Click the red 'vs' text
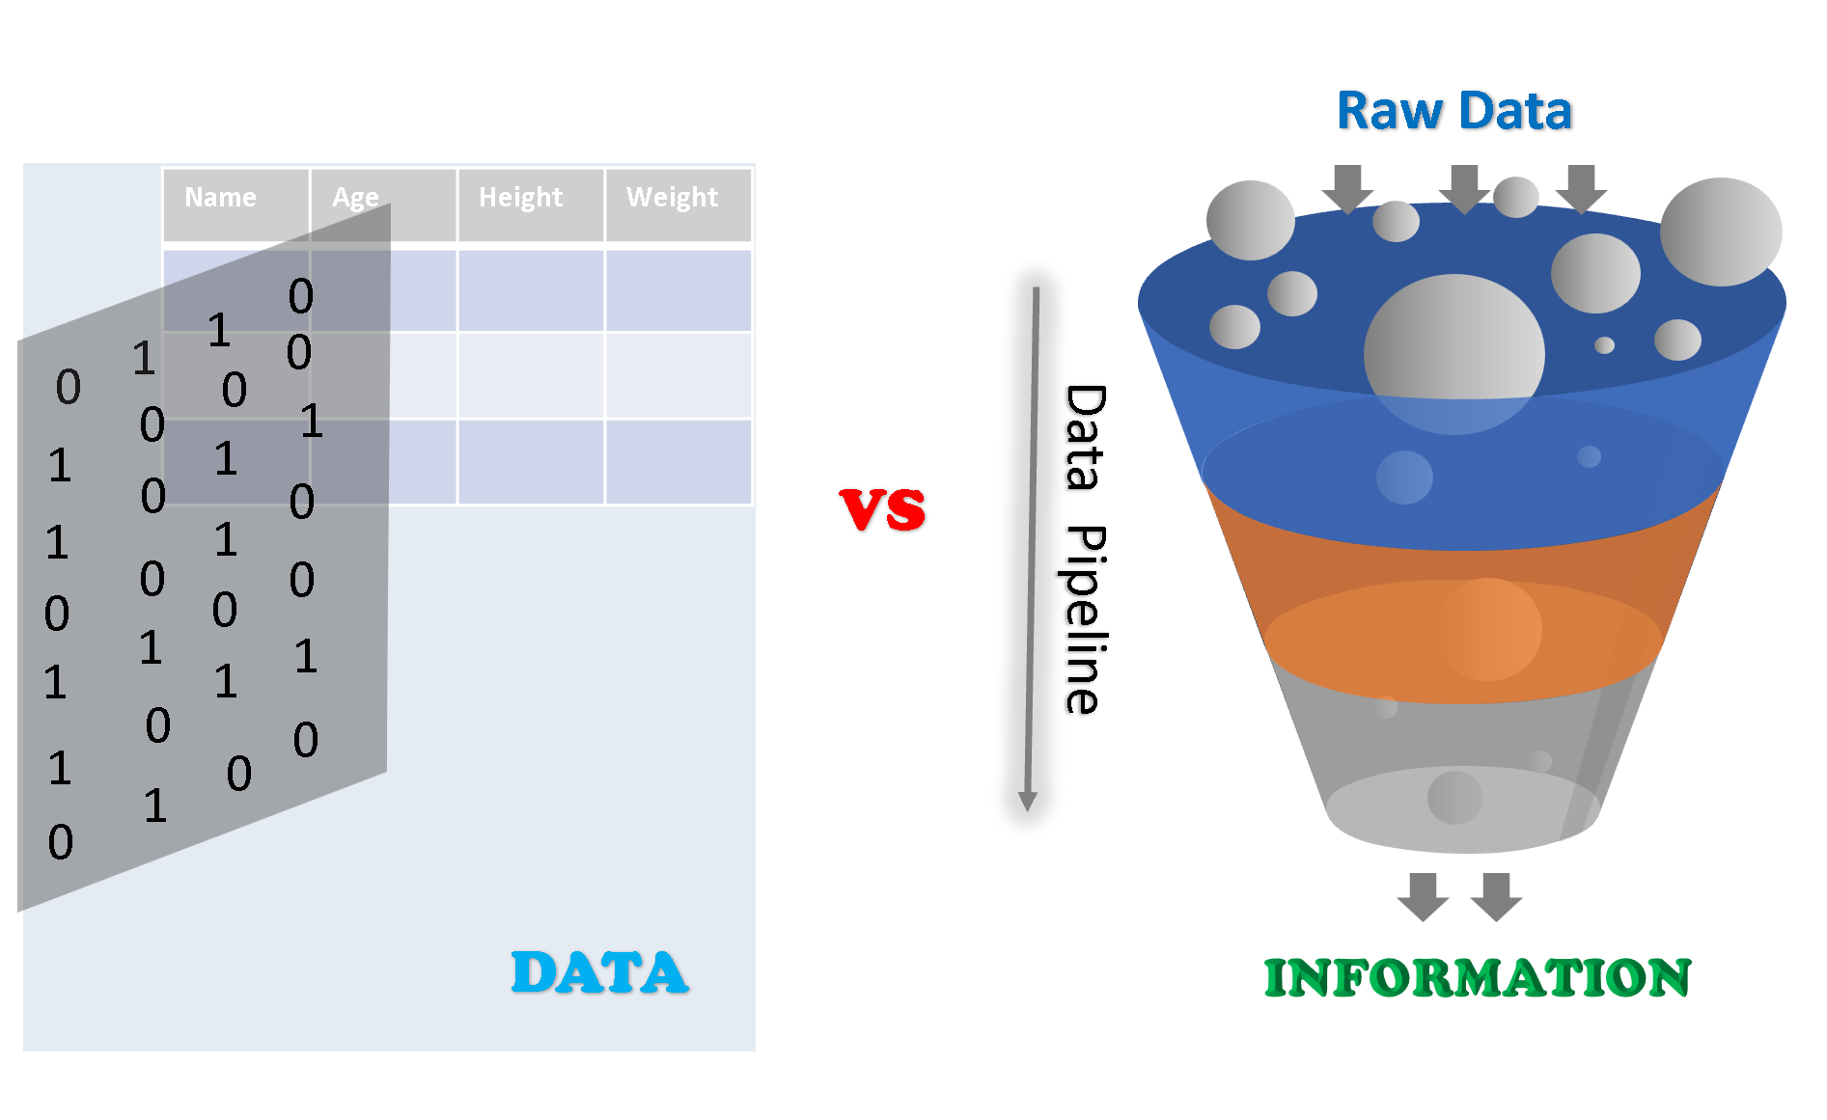pyautogui.click(x=882, y=508)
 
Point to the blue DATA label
pyautogui.click(x=599, y=972)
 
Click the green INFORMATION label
pyautogui.click(x=1477, y=978)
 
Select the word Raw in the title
pyautogui.click(x=1389, y=111)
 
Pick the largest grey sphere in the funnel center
pyautogui.click(x=1453, y=352)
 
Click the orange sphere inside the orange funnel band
pyautogui.click(x=1490, y=629)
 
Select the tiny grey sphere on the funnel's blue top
pyautogui.click(x=1604, y=345)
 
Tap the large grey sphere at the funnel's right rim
pyautogui.click(x=1721, y=232)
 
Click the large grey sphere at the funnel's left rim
pyautogui.click(x=1250, y=221)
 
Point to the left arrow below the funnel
pyautogui.click(x=1423, y=896)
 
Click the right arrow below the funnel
pyautogui.click(x=1496, y=896)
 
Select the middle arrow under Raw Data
pyautogui.click(x=1464, y=187)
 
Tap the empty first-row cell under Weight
pyautogui.click(x=678, y=290)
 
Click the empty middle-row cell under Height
pyautogui.click(x=530, y=375)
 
